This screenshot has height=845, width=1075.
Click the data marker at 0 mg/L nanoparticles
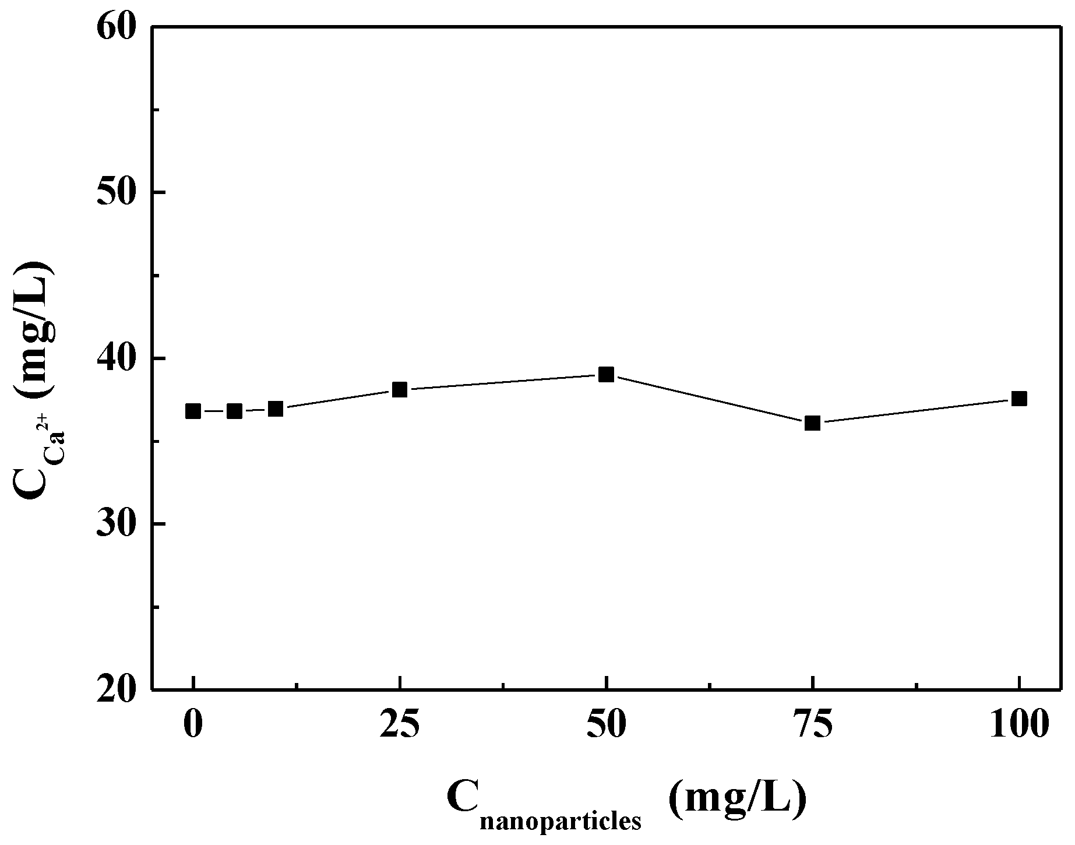pos(193,411)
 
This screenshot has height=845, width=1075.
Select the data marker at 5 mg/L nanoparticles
pos(234,411)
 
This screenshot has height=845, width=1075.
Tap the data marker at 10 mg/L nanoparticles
pos(276,409)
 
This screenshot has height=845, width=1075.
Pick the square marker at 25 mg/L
pos(400,390)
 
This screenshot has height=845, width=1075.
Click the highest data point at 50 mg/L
pos(607,374)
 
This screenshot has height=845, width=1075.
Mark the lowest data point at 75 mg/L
pos(813,423)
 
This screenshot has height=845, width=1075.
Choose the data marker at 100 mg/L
pos(1019,399)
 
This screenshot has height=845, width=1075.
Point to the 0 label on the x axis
pos(193,725)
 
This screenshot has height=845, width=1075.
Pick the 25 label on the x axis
pos(400,725)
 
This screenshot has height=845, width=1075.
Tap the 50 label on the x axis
pos(607,725)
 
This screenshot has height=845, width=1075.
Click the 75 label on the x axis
pos(813,725)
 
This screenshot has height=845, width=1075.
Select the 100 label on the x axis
pos(1019,725)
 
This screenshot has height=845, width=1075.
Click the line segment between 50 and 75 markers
pos(710,399)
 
